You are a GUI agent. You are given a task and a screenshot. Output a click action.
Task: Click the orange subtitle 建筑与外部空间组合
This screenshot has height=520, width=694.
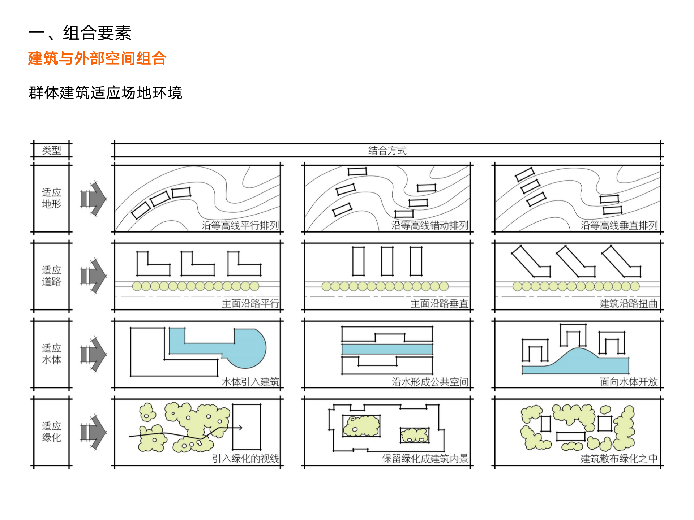tap(97, 58)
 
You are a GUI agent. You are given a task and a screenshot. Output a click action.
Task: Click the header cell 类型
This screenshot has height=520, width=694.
tap(51, 150)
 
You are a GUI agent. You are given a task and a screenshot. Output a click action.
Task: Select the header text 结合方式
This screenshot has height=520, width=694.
tap(387, 150)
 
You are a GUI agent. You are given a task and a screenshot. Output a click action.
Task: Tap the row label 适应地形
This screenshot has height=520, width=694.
tap(51, 198)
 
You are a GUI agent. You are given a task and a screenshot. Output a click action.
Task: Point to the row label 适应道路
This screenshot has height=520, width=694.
tap(51, 276)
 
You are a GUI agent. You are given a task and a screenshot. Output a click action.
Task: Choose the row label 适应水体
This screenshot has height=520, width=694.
tap(51, 354)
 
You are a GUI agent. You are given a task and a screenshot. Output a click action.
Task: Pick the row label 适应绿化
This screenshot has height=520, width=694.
tap(51, 432)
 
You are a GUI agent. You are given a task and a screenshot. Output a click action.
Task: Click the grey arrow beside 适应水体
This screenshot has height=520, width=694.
tap(94, 354)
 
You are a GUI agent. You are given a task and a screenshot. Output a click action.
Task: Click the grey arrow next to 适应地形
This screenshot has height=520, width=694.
tap(94, 199)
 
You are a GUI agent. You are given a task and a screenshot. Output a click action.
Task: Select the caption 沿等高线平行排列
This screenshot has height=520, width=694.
tap(240, 225)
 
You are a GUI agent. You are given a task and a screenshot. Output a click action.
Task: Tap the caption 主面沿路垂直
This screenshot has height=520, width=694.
tap(439, 303)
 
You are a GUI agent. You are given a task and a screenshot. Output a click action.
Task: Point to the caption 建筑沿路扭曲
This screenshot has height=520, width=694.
tap(629, 303)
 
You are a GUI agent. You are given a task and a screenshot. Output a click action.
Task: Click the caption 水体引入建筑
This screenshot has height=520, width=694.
tap(250, 381)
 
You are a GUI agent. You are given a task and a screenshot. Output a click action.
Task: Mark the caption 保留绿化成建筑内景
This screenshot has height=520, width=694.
tap(425, 459)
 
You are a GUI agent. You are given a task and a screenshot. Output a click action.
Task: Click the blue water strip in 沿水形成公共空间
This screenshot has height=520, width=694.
tap(387, 349)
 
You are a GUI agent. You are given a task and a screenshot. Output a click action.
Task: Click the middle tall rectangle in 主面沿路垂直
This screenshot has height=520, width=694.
tap(387, 261)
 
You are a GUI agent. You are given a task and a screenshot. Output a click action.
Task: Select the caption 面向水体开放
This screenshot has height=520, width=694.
tap(629, 381)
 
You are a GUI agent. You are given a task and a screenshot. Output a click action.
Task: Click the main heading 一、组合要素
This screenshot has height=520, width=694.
tap(80, 33)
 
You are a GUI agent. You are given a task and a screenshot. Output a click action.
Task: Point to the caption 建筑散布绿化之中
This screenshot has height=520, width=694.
tap(619, 459)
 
